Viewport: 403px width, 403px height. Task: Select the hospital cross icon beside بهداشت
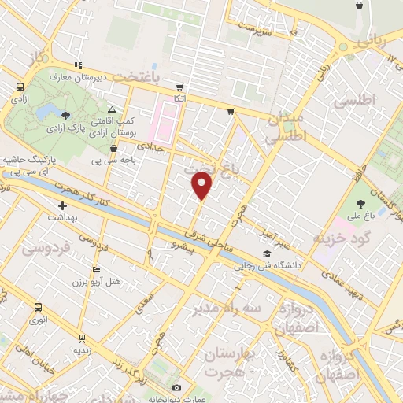(x=61, y=205)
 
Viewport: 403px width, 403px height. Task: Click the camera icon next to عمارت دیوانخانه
(x=176, y=388)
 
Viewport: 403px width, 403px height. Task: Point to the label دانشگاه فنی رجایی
(x=265, y=266)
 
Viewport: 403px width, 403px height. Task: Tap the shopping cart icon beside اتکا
(x=179, y=87)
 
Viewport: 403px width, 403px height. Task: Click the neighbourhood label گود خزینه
(x=341, y=238)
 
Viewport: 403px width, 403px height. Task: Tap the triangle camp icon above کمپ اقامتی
(x=112, y=110)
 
